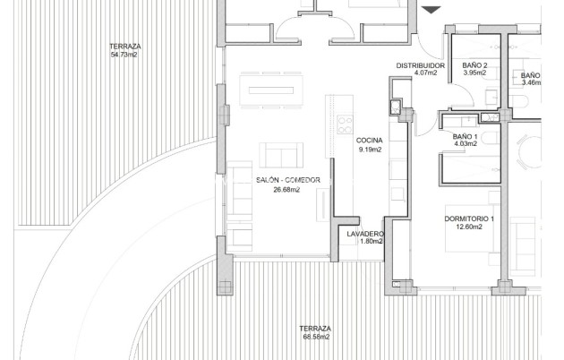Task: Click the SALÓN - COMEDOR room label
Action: coord(287,180)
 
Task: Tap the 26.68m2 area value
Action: coord(286,190)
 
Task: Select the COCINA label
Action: coord(369,141)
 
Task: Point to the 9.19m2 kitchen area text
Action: coord(369,150)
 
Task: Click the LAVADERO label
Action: coord(365,234)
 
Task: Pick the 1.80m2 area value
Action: coord(365,242)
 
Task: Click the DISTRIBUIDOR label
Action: coord(421,65)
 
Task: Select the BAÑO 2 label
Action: coord(474,65)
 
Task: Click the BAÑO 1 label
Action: coord(464,135)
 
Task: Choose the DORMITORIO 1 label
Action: coord(469,219)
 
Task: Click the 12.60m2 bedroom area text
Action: coord(468,227)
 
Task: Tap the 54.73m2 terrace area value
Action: coord(124,55)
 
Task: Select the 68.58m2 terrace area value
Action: coord(315,337)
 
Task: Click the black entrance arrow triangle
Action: coord(432,10)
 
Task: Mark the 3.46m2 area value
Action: coord(532,82)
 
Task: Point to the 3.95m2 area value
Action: coord(474,73)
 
